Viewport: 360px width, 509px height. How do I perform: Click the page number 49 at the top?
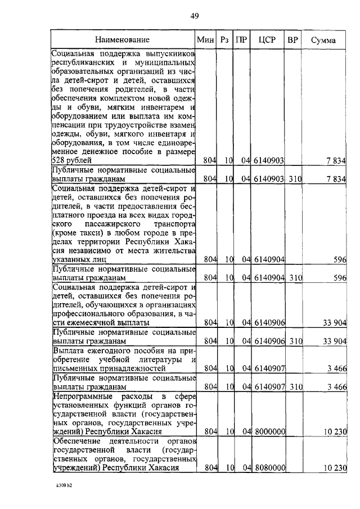click(x=194, y=16)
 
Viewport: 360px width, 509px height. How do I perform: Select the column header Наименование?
click(x=122, y=40)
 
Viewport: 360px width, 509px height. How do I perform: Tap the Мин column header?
click(x=204, y=40)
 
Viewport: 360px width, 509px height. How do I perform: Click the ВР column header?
click(x=292, y=40)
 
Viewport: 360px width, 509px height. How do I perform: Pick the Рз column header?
click(x=224, y=40)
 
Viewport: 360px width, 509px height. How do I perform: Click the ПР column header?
click(x=241, y=40)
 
